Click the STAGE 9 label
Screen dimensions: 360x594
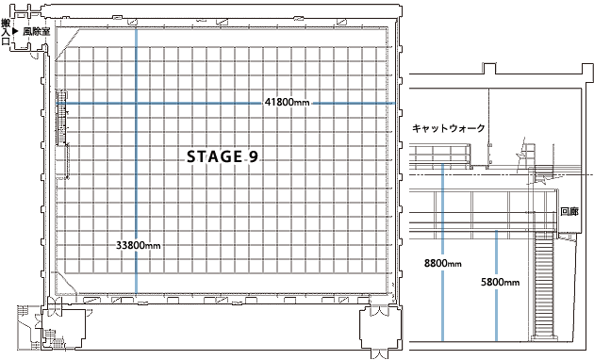click(x=220, y=157)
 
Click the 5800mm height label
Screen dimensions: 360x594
click(x=499, y=281)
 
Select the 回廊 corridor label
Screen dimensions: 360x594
click(x=569, y=212)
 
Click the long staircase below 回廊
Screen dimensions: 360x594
click(x=543, y=283)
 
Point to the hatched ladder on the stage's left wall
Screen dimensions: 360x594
click(x=63, y=118)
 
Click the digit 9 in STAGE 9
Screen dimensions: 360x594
click(x=253, y=157)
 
